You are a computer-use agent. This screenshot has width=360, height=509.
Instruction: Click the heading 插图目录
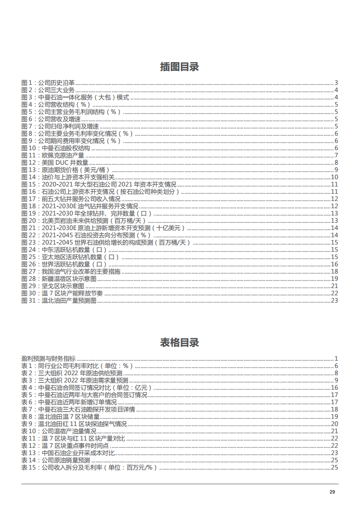pos(179,67)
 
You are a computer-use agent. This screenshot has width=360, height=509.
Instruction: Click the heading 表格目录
pos(179,343)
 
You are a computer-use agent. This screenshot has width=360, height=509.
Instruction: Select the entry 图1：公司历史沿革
pos(48,83)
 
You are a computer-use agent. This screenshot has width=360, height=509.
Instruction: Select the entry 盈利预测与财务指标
pos(49,358)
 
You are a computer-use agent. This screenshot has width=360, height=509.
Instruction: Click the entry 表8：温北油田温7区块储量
pos(61,416)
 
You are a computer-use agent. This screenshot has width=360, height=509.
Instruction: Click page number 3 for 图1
pos(336,83)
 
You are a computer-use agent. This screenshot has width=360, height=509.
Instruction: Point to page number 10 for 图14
pos(334,177)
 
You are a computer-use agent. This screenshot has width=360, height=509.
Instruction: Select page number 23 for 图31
pos(334,300)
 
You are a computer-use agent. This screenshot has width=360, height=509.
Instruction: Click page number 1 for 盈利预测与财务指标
pos(336,358)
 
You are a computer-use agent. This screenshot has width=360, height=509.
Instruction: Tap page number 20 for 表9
pos(334,424)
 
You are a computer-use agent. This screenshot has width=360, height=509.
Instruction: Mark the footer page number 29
pos(332,492)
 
